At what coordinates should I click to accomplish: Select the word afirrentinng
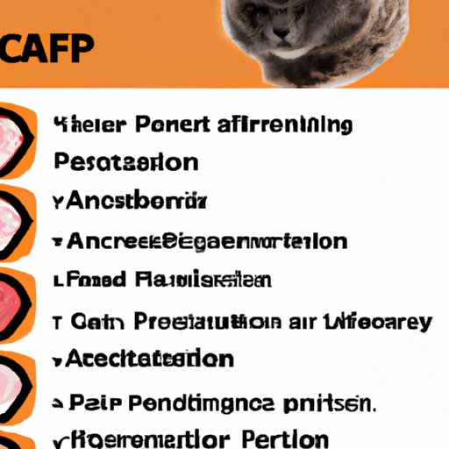click(x=285, y=125)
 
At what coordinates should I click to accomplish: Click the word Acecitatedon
click(x=148, y=359)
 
